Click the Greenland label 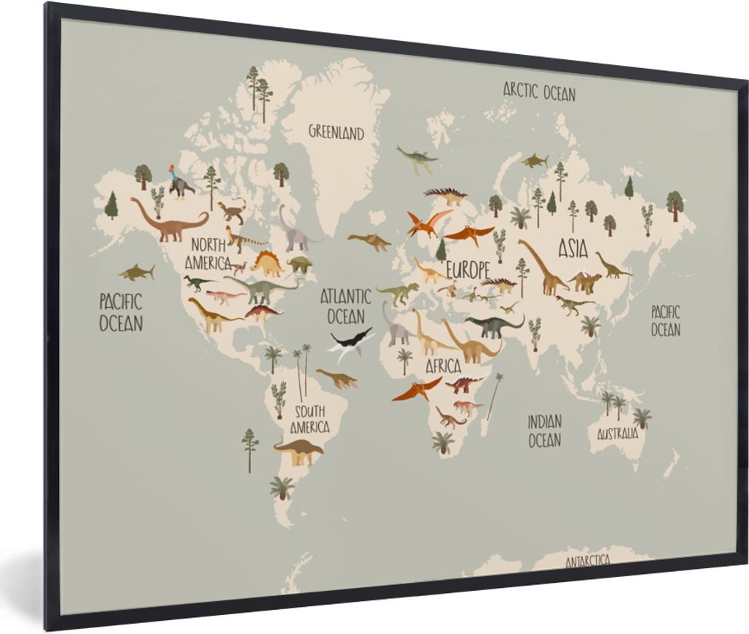click(336, 132)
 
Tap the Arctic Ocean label click(539, 92)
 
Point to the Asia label click(573, 249)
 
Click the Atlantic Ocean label click(345, 306)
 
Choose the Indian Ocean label click(545, 431)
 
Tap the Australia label click(617, 434)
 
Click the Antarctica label click(588, 561)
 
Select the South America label click(309, 419)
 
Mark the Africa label click(443, 366)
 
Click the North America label click(208, 253)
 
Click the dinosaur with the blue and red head click(179, 182)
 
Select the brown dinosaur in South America click(298, 450)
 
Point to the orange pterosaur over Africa click(417, 388)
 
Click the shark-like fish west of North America click(136, 273)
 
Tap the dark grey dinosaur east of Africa click(494, 325)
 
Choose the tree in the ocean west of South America click(249, 448)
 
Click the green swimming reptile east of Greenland click(418, 158)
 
